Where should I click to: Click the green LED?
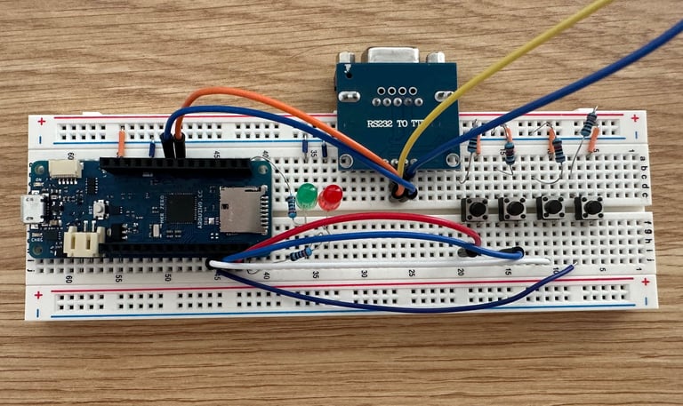(x=308, y=196)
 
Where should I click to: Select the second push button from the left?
(x=513, y=210)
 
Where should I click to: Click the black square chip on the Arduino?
(x=182, y=208)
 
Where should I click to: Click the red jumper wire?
(x=374, y=219)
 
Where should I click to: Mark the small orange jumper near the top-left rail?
(x=122, y=140)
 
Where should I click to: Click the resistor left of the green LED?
(x=293, y=206)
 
